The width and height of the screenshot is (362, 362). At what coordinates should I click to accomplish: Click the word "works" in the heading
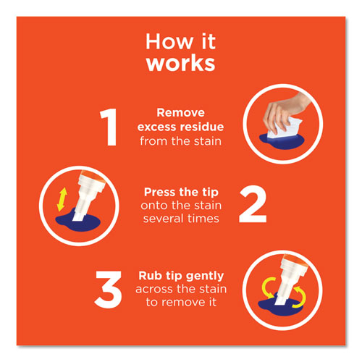point(180,63)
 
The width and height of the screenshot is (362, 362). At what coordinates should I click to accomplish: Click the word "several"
point(167,218)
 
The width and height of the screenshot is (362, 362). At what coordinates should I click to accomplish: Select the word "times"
point(203,218)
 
